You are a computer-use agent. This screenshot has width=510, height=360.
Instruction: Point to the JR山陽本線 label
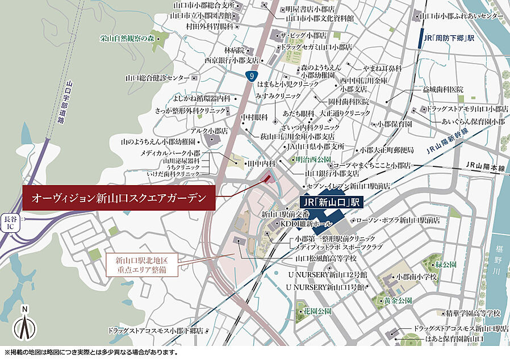484,165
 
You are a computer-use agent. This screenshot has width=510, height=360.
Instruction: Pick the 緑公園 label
445,265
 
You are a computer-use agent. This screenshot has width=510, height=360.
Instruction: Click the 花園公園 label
317,311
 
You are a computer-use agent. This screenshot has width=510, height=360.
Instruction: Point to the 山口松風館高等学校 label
326,258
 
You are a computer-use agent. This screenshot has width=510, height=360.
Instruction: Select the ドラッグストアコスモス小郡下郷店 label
156,330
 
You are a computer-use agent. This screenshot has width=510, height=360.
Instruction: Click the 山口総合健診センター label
157,77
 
